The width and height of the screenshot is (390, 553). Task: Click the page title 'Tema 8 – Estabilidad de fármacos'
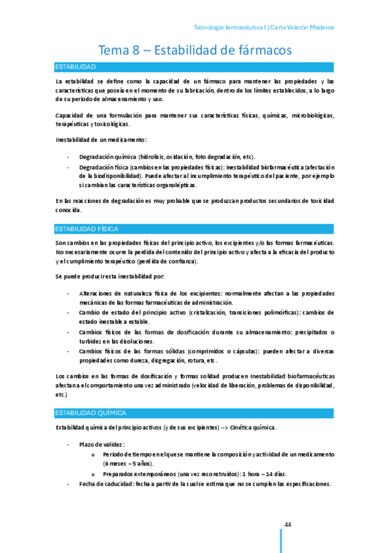tap(195, 50)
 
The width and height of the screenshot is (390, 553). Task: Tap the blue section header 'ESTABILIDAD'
tap(76, 67)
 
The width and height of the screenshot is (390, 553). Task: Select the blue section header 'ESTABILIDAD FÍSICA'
tap(86, 229)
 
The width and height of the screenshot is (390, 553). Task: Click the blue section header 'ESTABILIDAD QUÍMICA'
tap(91, 413)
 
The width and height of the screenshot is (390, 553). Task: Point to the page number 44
tap(287, 525)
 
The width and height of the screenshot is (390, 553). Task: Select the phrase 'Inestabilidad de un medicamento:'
tap(101, 140)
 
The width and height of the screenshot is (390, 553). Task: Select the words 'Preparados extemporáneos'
tap(137, 474)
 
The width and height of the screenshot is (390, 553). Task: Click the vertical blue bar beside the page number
tap(281, 540)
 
